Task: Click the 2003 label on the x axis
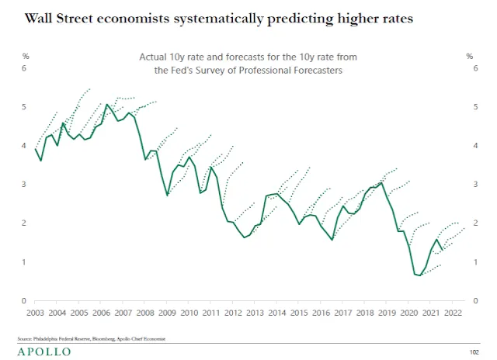point(35,313)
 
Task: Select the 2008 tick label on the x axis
point(144,313)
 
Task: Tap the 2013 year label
point(255,313)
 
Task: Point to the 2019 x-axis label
point(386,313)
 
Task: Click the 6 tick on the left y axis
point(25,68)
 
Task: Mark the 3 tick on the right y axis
point(474,185)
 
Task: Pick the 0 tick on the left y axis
point(25,301)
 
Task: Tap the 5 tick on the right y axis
point(474,107)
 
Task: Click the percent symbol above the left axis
point(25,56)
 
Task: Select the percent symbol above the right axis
point(469,56)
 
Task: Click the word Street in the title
point(85,17)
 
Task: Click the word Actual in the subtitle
point(154,57)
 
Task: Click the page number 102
point(474,351)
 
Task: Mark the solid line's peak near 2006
point(106,104)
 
